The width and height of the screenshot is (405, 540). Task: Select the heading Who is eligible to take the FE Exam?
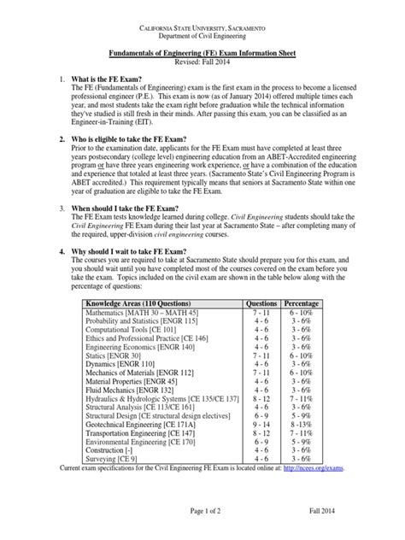pos(144,161)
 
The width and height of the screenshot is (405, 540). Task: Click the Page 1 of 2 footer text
pos(202,531)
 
